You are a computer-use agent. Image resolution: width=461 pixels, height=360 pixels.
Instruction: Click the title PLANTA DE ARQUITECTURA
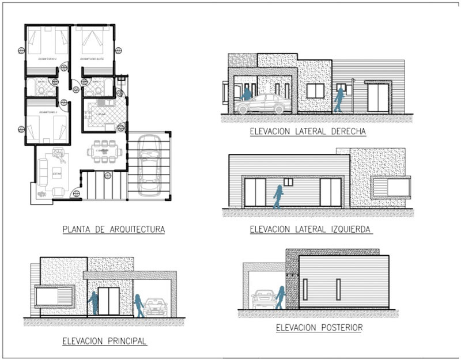[x=114, y=230]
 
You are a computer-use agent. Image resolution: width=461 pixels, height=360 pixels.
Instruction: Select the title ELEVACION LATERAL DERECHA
[x=308, y=132]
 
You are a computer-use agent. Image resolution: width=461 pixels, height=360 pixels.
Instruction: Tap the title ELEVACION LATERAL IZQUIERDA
[x=311, y=230]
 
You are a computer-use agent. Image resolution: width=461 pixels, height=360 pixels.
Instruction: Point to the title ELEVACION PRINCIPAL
[x=104, y=341]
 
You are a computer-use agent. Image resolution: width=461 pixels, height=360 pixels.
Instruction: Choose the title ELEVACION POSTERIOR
[x=319, y=328]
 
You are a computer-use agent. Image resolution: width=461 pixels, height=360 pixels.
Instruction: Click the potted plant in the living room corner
[x=42, y=194]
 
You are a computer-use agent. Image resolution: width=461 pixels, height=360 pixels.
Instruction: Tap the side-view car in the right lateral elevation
[x=263, y=104]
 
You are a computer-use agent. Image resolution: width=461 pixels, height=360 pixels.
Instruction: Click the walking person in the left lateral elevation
[x=278, y=196]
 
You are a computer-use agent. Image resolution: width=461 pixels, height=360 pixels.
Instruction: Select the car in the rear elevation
[x=263, y=298]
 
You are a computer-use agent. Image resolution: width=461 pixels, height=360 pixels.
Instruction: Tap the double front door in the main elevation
[x=108, y=302]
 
